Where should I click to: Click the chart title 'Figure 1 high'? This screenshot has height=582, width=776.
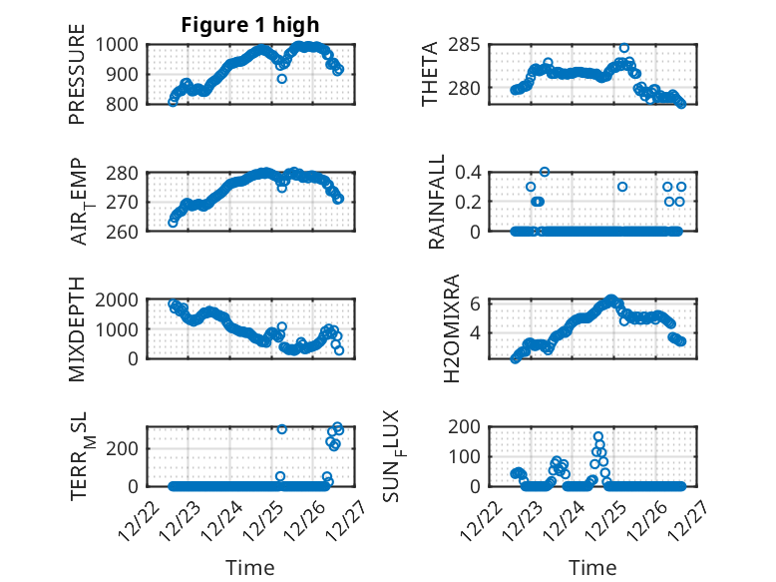[250, 25]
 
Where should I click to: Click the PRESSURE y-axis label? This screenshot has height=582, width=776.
[77, 81]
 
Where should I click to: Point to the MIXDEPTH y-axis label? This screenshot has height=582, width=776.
[77, 330]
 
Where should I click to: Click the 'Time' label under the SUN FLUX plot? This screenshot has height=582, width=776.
[592, 568]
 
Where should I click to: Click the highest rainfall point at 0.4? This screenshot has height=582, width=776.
[545, 172]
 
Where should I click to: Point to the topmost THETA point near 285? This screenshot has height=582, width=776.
[623, 48]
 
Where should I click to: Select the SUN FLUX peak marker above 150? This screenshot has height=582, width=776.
[598, 436]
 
